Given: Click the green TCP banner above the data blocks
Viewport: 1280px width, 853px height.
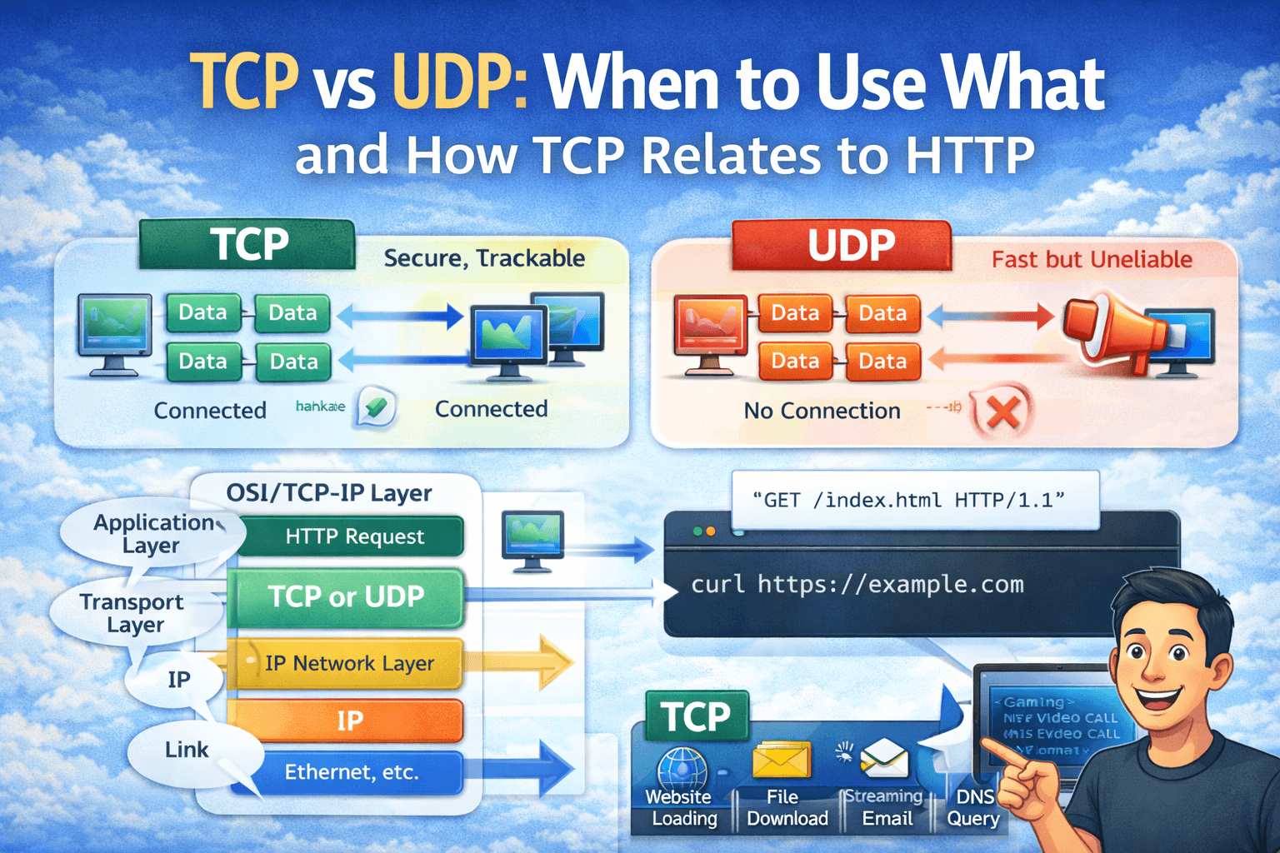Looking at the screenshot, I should (247, 245).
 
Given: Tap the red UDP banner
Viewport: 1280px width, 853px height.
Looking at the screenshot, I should (842, 246).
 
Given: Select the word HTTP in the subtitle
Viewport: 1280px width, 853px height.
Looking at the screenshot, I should (969, 155).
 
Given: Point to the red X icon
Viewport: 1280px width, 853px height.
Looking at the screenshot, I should (1002, 412).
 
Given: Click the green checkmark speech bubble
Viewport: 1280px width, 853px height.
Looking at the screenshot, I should (376, 407).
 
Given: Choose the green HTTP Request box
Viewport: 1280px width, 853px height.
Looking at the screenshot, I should (351, 536).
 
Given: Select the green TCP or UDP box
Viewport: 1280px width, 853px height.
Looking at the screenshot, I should (346, 597).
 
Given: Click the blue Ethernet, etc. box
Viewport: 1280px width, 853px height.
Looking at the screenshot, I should (350, 772).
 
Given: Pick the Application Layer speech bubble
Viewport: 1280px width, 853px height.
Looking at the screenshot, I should (151, 534).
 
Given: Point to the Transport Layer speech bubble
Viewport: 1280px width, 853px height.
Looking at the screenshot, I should (133, 613).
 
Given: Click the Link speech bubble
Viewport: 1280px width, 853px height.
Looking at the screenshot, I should (186, 750).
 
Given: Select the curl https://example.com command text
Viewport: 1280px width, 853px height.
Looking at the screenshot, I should (857, 585).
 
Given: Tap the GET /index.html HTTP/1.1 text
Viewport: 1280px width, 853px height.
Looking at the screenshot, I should (908, 500).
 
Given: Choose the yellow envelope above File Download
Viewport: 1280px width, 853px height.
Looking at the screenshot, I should (781, 760).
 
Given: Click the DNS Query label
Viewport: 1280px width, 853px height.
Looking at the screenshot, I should (973, 808).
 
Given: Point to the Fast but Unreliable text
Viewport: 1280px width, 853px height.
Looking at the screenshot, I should (1092, 260).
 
